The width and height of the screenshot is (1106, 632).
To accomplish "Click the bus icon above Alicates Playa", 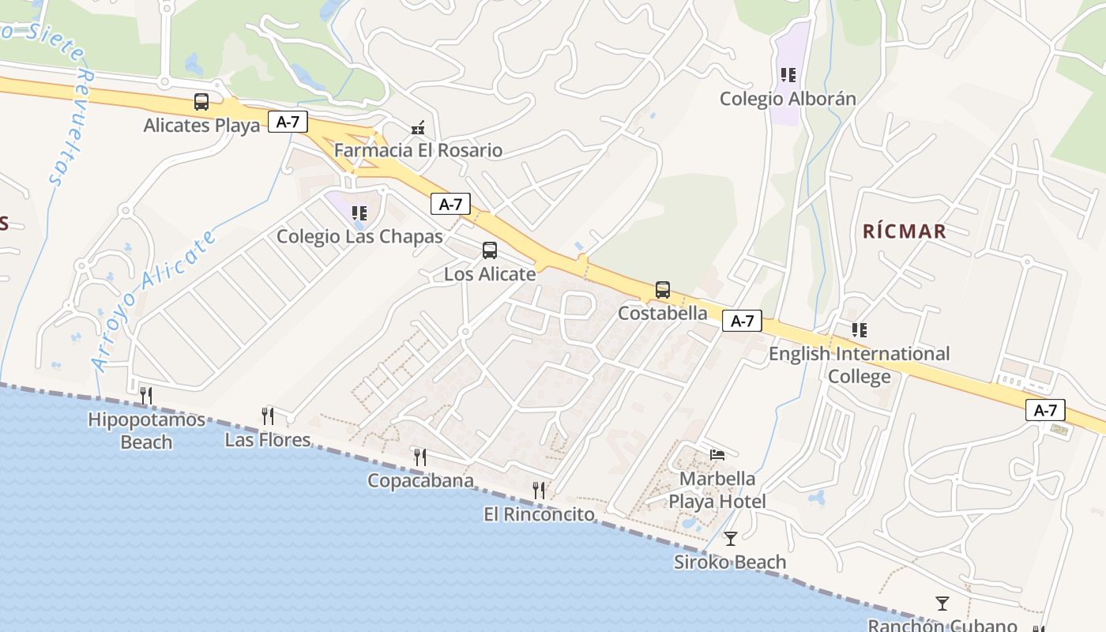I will point(201,102).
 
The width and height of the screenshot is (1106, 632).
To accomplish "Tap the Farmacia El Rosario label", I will point(418,150).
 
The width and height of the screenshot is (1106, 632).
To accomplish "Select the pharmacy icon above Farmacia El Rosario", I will point(418,127).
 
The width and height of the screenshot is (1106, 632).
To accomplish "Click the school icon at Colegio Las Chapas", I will point(359,213).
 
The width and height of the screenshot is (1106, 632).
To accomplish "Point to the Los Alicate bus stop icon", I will point(490,250).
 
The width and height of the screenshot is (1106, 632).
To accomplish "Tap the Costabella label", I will point(663,313).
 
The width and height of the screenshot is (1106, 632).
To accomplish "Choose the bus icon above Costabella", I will point(663,290).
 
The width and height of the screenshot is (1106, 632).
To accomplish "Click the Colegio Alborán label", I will point(788,99).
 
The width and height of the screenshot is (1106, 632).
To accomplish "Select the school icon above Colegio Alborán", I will point(788,75).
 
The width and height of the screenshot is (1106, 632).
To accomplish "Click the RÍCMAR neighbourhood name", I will point(905,231).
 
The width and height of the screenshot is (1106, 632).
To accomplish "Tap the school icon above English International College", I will point(859,330).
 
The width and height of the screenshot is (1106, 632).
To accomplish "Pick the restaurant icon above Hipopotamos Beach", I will point(146,395).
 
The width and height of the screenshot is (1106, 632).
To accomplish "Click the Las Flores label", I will point(268,439).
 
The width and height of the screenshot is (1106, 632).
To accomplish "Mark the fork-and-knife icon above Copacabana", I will point(420,457).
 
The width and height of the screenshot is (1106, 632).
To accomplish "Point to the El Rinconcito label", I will point(539,514).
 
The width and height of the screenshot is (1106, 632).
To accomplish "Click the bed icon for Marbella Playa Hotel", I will point(717,454).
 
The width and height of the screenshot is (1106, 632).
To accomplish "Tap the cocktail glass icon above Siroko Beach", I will point(731,539).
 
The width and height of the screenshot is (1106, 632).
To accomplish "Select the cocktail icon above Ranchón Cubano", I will point(942,604).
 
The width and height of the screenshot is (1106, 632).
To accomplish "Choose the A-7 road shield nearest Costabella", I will point(742,321).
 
